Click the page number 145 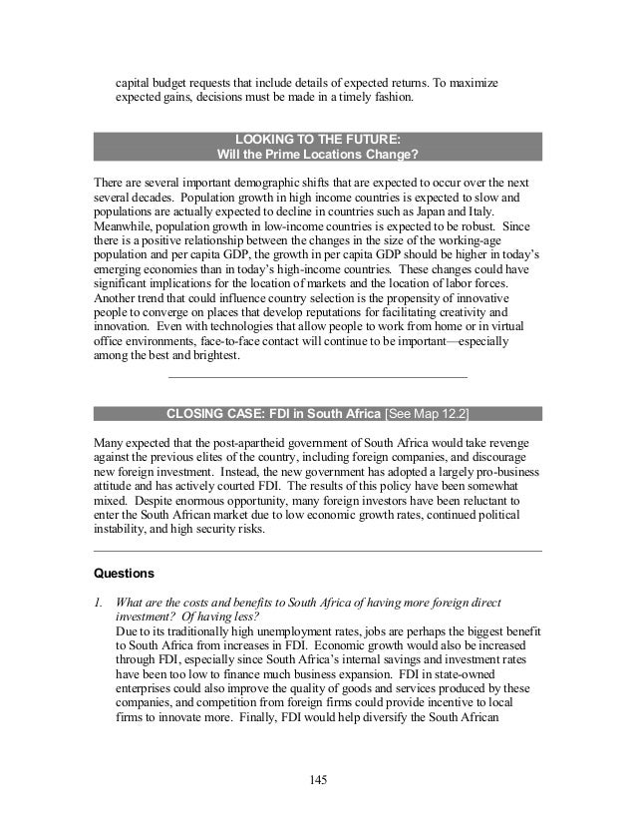[318, 778]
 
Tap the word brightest [212, 356]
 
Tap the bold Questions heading [124, 574]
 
